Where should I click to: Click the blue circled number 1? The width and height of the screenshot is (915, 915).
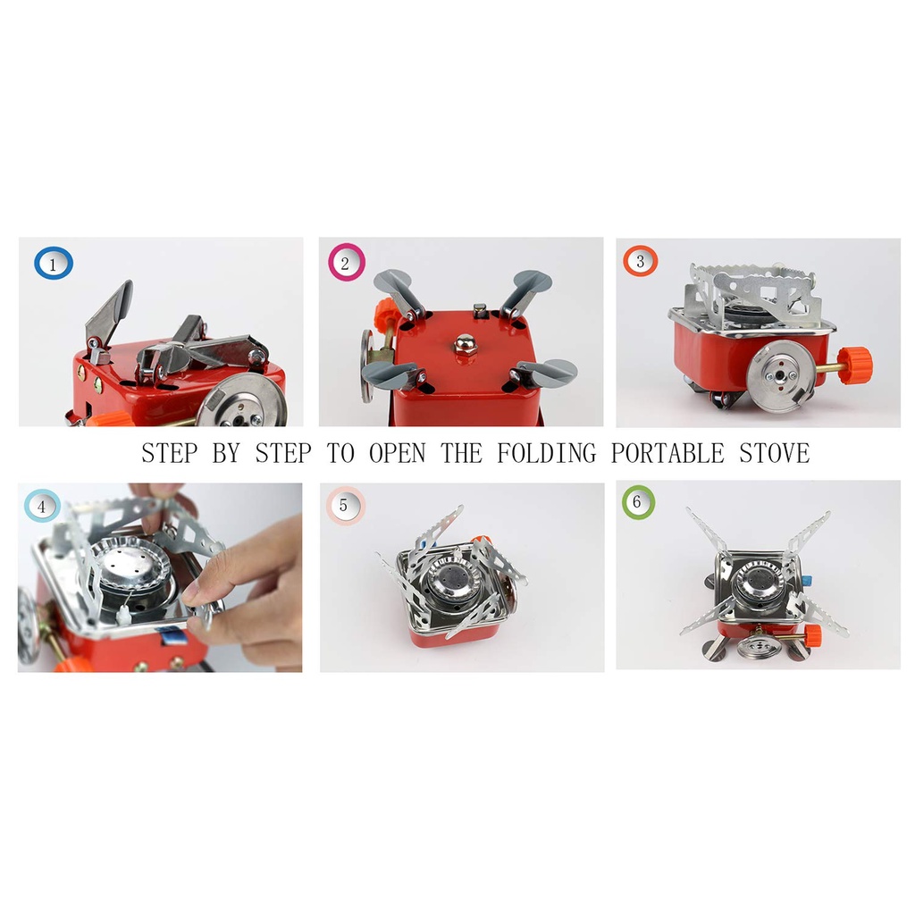(x=53, y=264)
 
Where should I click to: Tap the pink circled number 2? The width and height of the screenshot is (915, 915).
(x=346, y=263)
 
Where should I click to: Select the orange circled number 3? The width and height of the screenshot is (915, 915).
(x=640, y=261)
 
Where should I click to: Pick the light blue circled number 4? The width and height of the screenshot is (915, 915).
(x=42, y=506)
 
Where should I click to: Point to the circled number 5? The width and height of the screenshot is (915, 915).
(x=345, y=506)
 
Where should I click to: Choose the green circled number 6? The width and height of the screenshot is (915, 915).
(x=638, y=501)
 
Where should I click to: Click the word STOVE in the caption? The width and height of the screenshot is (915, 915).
(x=775, y=453)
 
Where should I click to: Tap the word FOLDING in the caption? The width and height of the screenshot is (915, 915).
(x=547, y=453)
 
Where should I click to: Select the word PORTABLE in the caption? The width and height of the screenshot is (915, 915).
(x=667, y=453)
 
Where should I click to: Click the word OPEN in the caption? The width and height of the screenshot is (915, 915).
(x=397, y=453)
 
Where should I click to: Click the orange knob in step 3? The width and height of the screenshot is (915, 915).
(x=855, y=365)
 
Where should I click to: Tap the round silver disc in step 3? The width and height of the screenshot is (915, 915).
(x=779, y=376)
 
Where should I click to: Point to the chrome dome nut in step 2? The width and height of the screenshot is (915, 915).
(x=465, y=344)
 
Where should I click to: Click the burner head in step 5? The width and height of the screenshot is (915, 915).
(x=449, y=580)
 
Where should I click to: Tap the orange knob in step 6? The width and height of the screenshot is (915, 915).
(x=811, y=635)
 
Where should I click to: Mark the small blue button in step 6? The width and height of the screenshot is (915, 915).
(x=807, y=581)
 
